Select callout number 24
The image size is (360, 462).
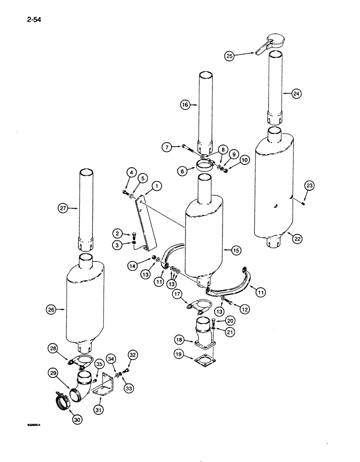pyautogui.click(x=296, y=94)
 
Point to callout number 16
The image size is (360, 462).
pyautogui.click(x=185, y=105)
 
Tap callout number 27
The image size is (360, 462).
pyautogui.click(x=62, y=208)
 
